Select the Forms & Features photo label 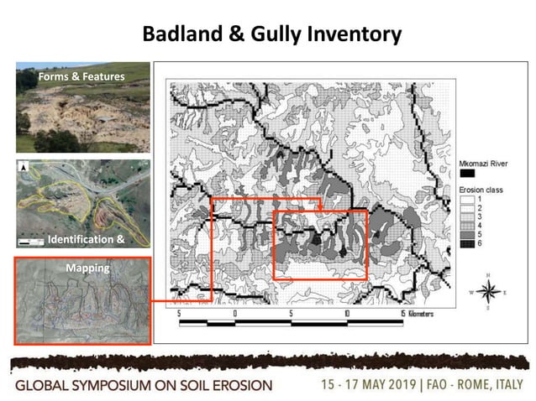pos(81,77)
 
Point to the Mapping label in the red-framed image pos(81,268)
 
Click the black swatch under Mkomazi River pos(466,173)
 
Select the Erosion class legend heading pos(480,190)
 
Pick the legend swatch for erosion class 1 pos(466,199)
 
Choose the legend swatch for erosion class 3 pos(466,216)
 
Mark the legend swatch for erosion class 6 pos(466,243)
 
